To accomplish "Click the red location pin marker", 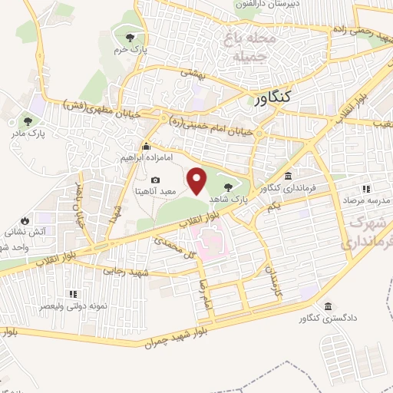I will pos(198,182).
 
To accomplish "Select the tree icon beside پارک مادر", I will pos(28,121).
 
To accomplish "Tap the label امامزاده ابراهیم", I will pos(146,157).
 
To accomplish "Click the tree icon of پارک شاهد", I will pos(227,185).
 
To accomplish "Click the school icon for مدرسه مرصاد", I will pos(366,189).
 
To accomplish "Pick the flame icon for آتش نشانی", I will pos(25,219).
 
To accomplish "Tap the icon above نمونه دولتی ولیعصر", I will pos(73,294).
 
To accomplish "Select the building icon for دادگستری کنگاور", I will pos(328,306).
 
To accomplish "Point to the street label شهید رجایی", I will pos(125,272).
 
